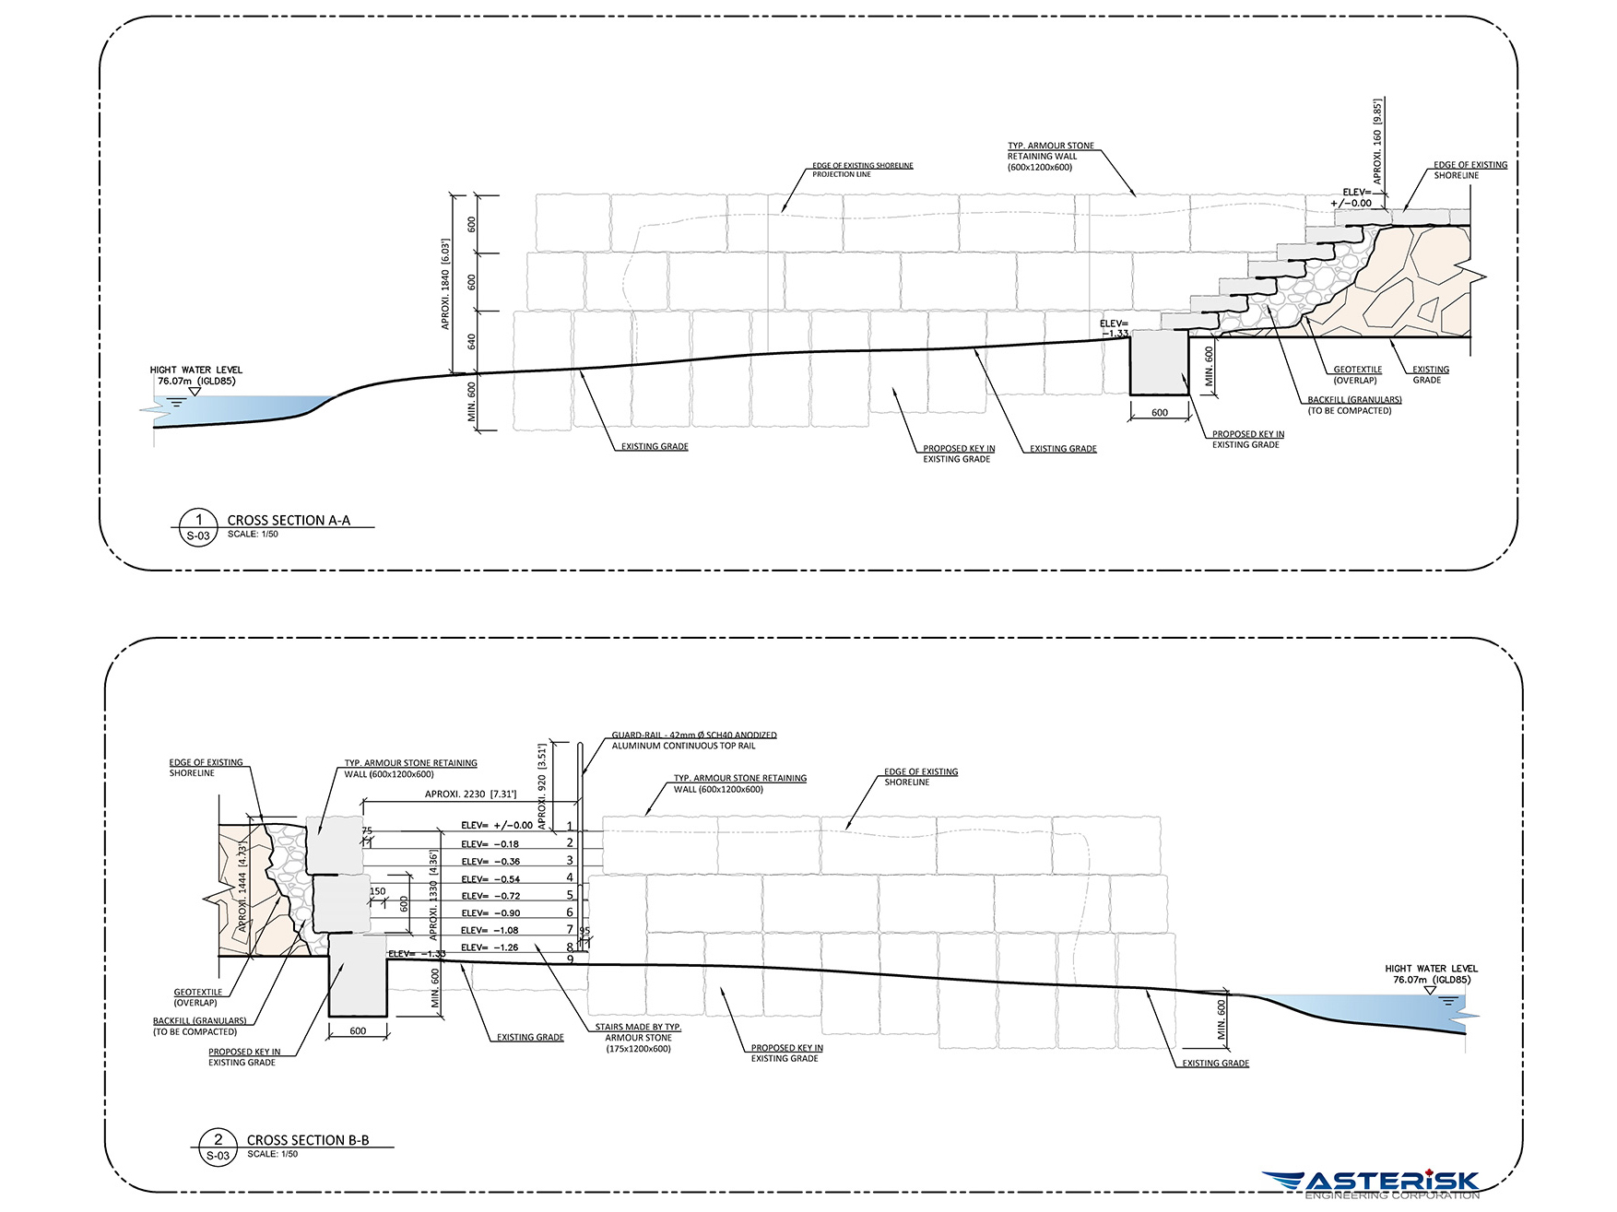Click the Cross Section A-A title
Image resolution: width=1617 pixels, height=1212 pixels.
tap(289, 521)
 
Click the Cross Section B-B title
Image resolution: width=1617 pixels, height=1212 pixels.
tap(308, 1140)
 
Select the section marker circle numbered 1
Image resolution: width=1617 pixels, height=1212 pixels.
tap(198, 527)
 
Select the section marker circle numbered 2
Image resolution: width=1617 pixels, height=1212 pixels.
tap(218, 1147)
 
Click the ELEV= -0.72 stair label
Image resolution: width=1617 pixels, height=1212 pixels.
tap(490, 896)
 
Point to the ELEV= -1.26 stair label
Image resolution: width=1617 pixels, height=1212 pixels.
tap(490, 947)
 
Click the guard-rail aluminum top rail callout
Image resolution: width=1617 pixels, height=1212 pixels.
tap(693, 741)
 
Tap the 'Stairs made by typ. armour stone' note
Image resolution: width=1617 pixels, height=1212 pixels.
tap(638, 1038)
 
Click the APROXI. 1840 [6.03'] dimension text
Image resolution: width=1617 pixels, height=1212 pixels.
tap(445, 284)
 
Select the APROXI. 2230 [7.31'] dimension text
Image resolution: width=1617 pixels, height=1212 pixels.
tap(470, 794)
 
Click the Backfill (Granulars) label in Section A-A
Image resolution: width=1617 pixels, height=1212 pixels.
tap(1353, 406)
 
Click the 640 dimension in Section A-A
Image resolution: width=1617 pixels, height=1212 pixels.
tap(472, 342)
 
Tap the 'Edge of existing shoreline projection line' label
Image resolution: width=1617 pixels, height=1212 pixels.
tap(862, 170)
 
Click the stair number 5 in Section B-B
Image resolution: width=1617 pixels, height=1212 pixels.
tap(570, 895)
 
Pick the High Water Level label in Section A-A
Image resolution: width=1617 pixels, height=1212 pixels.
tap(195, 375)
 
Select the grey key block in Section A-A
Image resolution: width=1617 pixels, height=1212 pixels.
tap(1159, 362)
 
